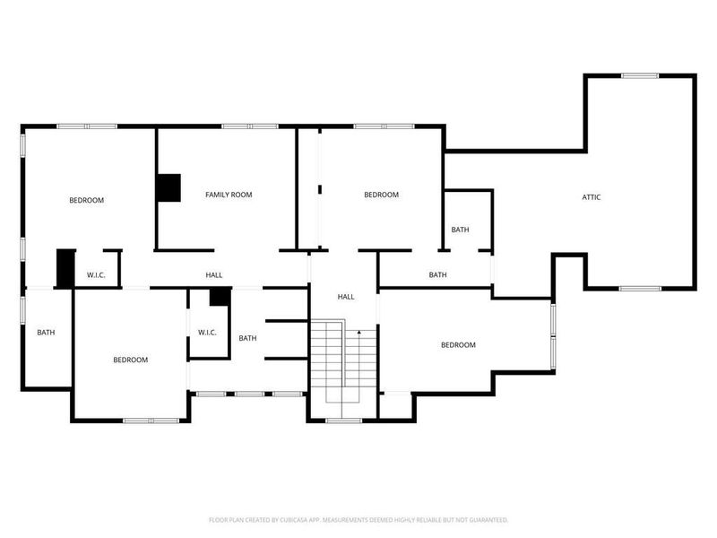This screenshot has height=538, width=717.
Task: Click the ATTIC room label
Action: [x=592, y=196]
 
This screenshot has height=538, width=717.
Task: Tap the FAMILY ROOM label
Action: [x=229, y=195]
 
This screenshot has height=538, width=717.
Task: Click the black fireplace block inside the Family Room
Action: [x=168, y=187]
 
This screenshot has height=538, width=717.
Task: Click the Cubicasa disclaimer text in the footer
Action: [x=358, y=519]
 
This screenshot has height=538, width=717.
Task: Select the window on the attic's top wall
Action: [x=640, y=76]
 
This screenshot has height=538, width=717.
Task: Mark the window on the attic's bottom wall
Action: [x=639, y=288]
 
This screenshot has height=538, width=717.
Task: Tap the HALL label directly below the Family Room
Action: [x=214, y=275]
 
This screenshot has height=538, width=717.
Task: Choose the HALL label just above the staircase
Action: [x=346, y=297]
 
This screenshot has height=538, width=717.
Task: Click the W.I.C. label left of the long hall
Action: [x=96, y=275]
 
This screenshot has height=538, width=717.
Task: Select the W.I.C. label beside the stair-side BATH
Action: [x=207, y=333]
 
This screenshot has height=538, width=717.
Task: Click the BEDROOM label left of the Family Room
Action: [x=87, y=200]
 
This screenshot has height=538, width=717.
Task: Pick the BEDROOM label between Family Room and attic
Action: [x=381, y=195]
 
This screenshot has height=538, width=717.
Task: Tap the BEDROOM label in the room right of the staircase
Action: [x=458, y=345]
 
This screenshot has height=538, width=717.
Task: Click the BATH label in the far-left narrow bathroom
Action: [x=46, y=333]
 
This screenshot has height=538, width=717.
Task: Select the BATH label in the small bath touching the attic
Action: [x=460, y=230]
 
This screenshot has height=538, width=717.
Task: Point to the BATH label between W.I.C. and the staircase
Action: [x=248, y=338]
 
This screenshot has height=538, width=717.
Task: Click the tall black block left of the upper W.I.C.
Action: [x=65, y=268]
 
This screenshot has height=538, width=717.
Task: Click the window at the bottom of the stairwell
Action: [x=343, y=420]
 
